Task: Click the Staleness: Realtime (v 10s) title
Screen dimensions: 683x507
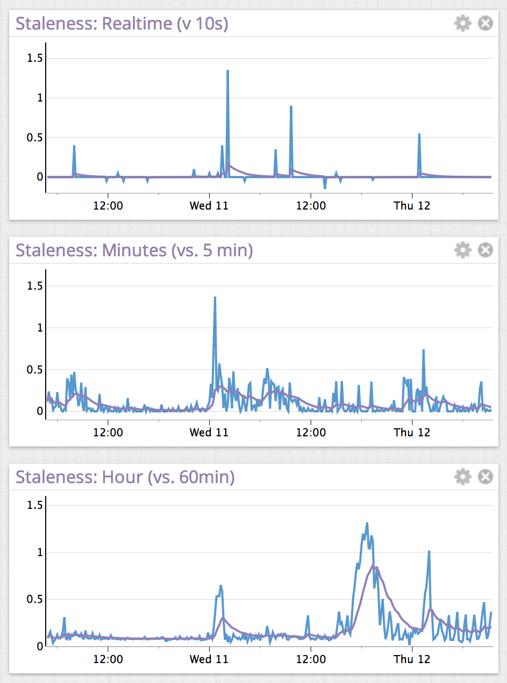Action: click(122, 24)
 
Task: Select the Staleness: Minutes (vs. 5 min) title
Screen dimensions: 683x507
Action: click(134, 250)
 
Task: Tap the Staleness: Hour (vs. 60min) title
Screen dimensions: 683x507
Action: click(125, 477)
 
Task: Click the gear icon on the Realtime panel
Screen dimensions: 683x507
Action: click(462, 24)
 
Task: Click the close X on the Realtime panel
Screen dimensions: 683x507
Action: click(485, 24)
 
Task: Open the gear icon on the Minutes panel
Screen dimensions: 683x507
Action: click(462, 250)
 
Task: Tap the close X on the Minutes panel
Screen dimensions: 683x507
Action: click(485, 250)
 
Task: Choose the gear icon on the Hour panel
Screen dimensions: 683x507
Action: click(462, 477)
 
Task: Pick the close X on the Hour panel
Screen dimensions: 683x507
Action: click(485, 477)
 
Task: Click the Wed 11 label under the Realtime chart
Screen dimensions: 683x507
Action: click(209, 206)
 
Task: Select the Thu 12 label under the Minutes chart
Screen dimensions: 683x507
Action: click(412, 433)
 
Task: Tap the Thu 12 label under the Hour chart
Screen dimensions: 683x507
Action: click(412, 659)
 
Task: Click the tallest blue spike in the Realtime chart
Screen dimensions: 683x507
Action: click(227, 71)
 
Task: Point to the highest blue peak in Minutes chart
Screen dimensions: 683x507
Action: click(215, 298)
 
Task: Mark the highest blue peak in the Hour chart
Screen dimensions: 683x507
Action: click(367, 523)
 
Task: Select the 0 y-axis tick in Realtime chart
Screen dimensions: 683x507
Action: click(40, 177)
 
